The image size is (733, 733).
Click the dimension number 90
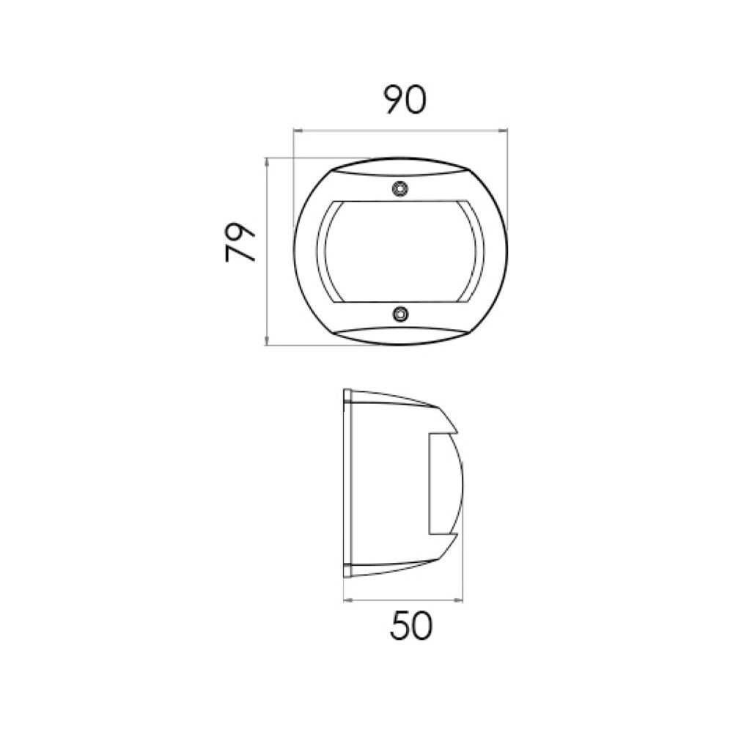tap(405, 100)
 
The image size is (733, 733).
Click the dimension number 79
tap(240, 241)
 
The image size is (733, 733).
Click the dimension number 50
tap(411, 627)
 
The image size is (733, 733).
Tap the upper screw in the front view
tap(399, 189)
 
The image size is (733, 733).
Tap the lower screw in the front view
tap(399, 314)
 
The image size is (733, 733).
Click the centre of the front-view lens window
tap(401, 252)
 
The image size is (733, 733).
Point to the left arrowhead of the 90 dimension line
tap(298, 131)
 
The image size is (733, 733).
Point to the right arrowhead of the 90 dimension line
tap(503, 131)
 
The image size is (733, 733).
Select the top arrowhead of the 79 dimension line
tap(267, 162)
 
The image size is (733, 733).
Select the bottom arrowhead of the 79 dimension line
tap(267, 341)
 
